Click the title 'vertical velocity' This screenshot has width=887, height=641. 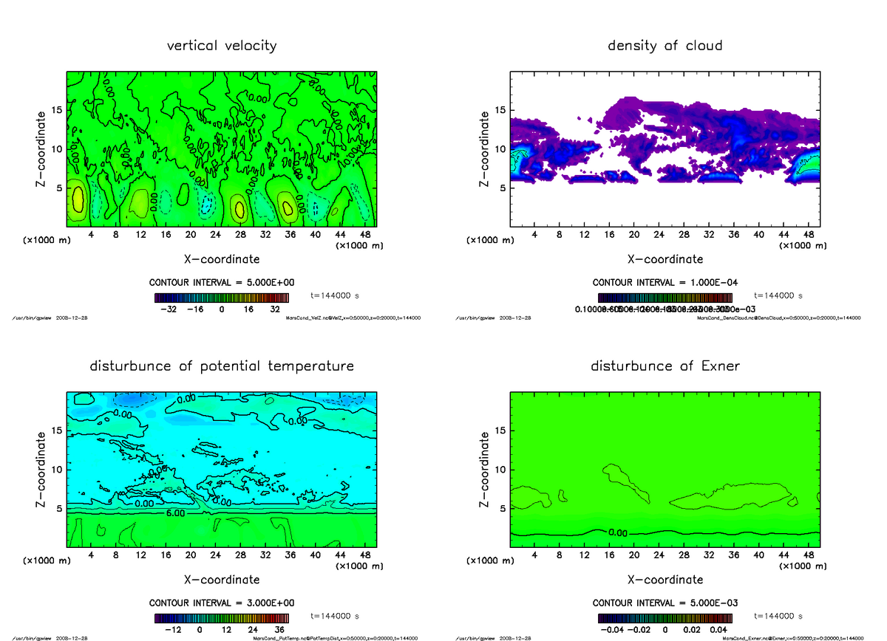[x=222, y=46]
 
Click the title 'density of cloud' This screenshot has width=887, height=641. [x=665, y=46]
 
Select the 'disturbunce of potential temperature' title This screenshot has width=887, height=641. [x=222, y=366]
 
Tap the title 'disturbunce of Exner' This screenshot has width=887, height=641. [x=665, y=366]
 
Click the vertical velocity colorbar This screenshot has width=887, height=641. [x=222, y=298]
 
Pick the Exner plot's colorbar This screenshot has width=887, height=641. [x=665, y=619]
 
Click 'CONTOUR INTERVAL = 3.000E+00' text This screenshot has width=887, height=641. [x=222, y=603]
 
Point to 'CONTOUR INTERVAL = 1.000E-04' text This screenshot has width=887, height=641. [x=665, y=283]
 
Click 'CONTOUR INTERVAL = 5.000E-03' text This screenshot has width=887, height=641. [x=665, y=603]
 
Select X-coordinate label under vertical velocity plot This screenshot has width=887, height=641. [x=222, y=259]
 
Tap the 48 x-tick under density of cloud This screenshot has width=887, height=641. [x=808, y=235]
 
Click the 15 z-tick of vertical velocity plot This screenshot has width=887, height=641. [x=57, y=111]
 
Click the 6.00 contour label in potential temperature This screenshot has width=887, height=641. [x=175, y=512]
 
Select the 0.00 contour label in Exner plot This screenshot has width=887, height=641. [x=619, y=532]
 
